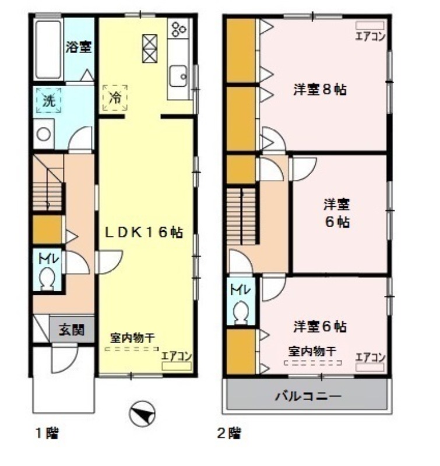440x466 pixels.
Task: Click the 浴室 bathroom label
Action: [78, 47]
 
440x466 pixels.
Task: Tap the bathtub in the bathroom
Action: [47, 50]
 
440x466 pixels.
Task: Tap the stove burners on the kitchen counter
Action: [178, 28]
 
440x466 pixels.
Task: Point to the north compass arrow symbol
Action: [142, 414]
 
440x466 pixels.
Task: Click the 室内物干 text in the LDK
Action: [132, 337]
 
